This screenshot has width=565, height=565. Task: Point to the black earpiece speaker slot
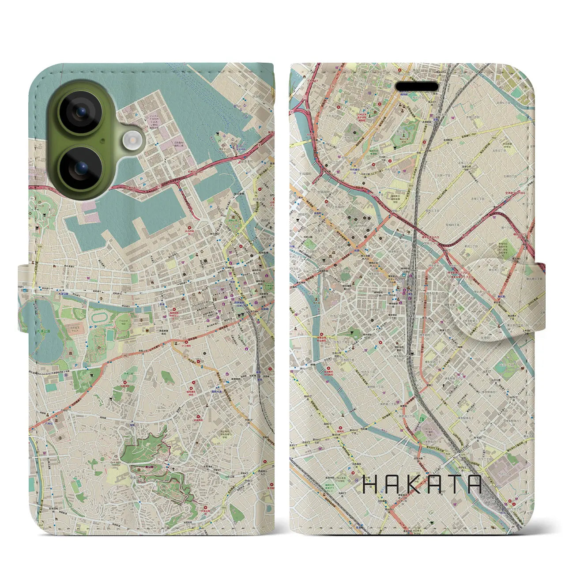(417, 87)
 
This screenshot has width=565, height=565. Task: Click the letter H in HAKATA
(370, 484)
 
